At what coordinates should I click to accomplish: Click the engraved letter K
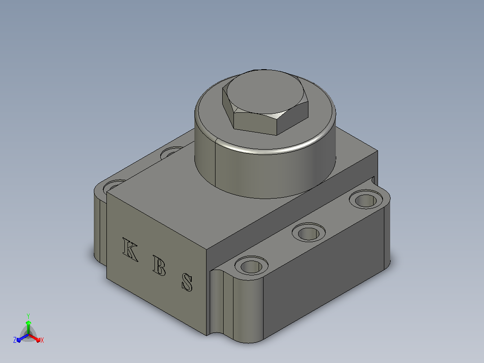pyautogui.click(x=130, y=249)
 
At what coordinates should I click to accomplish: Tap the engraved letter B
pyautogui.click(x=159, y=266)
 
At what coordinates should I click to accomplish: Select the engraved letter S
pyautogui.click(x=187, y=282)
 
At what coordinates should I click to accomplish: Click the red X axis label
pyautogui.click(x=42, y=340)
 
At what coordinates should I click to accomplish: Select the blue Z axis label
pyautogui.click(x=15, y=340)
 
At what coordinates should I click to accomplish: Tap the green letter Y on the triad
pyautogui.click(x=28, y=316)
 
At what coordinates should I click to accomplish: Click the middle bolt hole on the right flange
pyautogui.click(x=308, y=232)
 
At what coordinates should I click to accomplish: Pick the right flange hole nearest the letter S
pyautogui.click(x=251, y=266)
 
